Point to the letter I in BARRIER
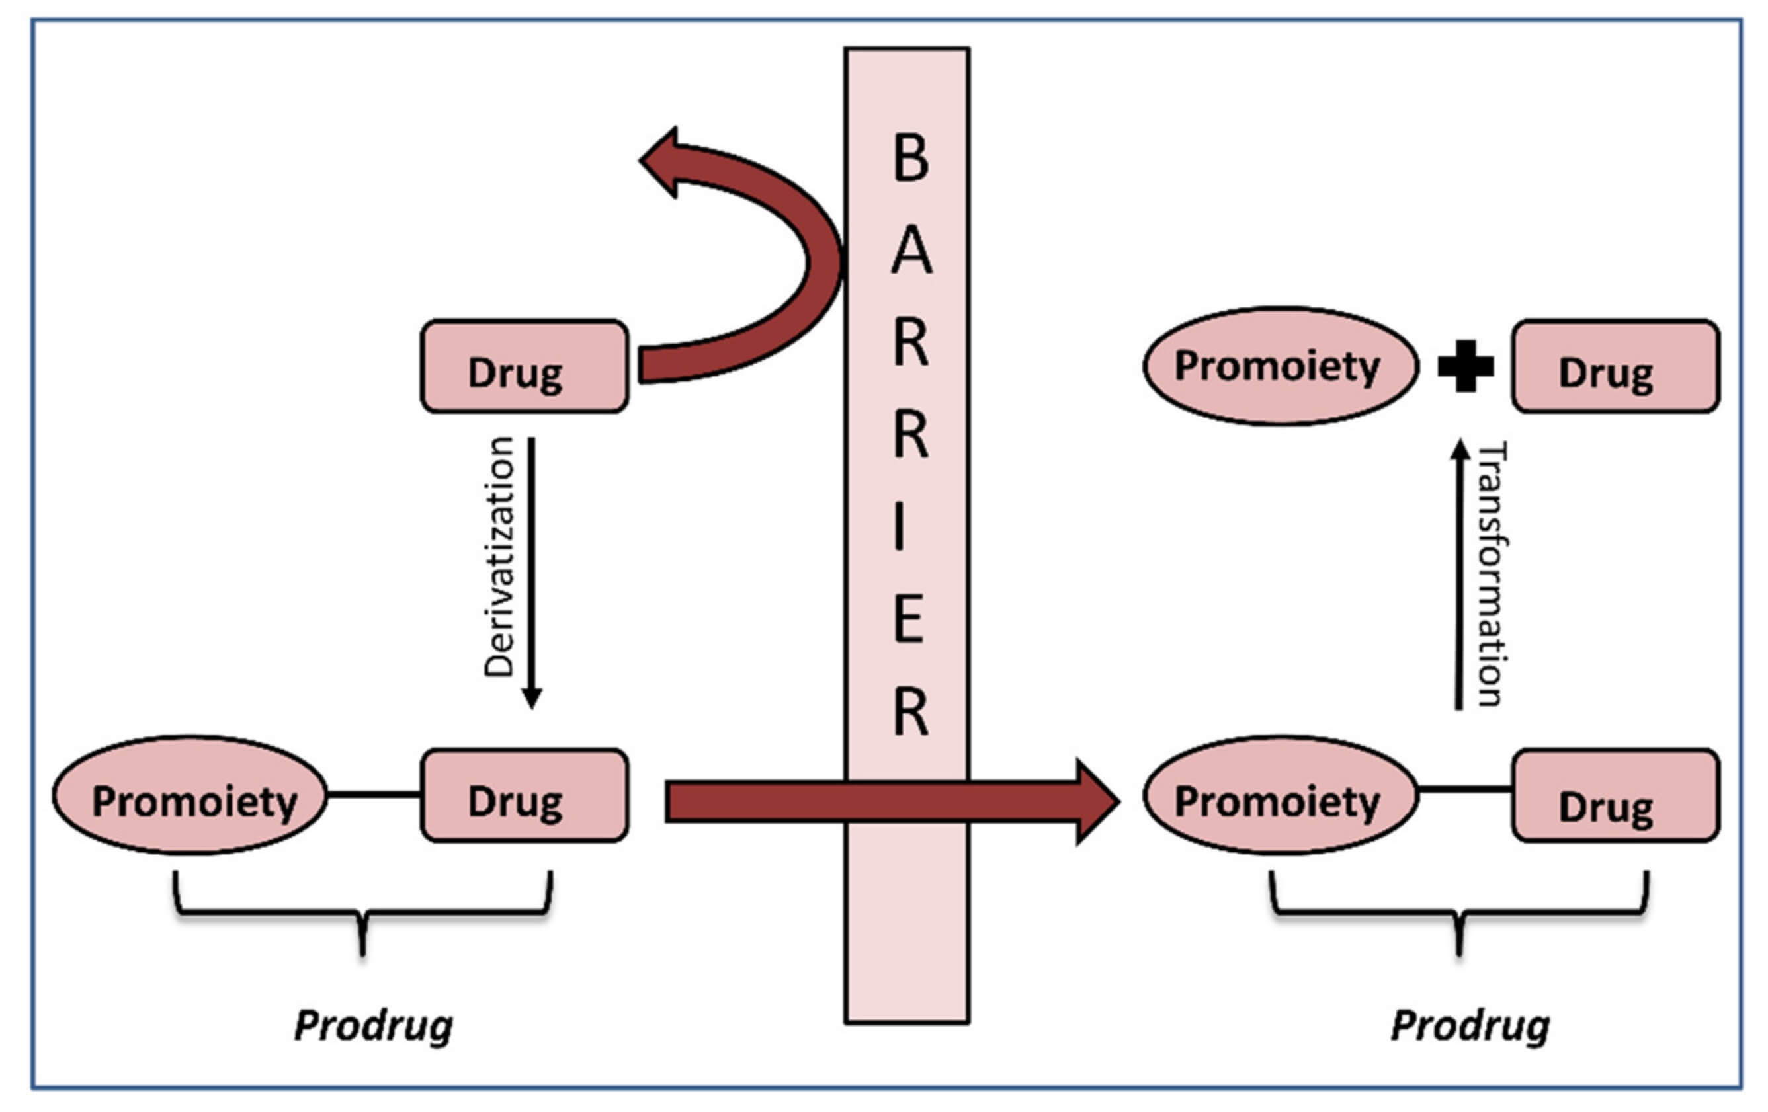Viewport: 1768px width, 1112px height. [900, 528]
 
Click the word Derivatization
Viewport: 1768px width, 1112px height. [499, 557]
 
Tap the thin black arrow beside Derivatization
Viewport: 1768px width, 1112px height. [532, 573]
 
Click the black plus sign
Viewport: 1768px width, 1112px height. [1466, 366]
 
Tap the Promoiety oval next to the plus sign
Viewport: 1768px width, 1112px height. [1280, 366]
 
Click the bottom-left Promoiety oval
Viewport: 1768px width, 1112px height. [190, 795]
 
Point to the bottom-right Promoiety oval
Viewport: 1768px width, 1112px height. [1280, 795]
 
